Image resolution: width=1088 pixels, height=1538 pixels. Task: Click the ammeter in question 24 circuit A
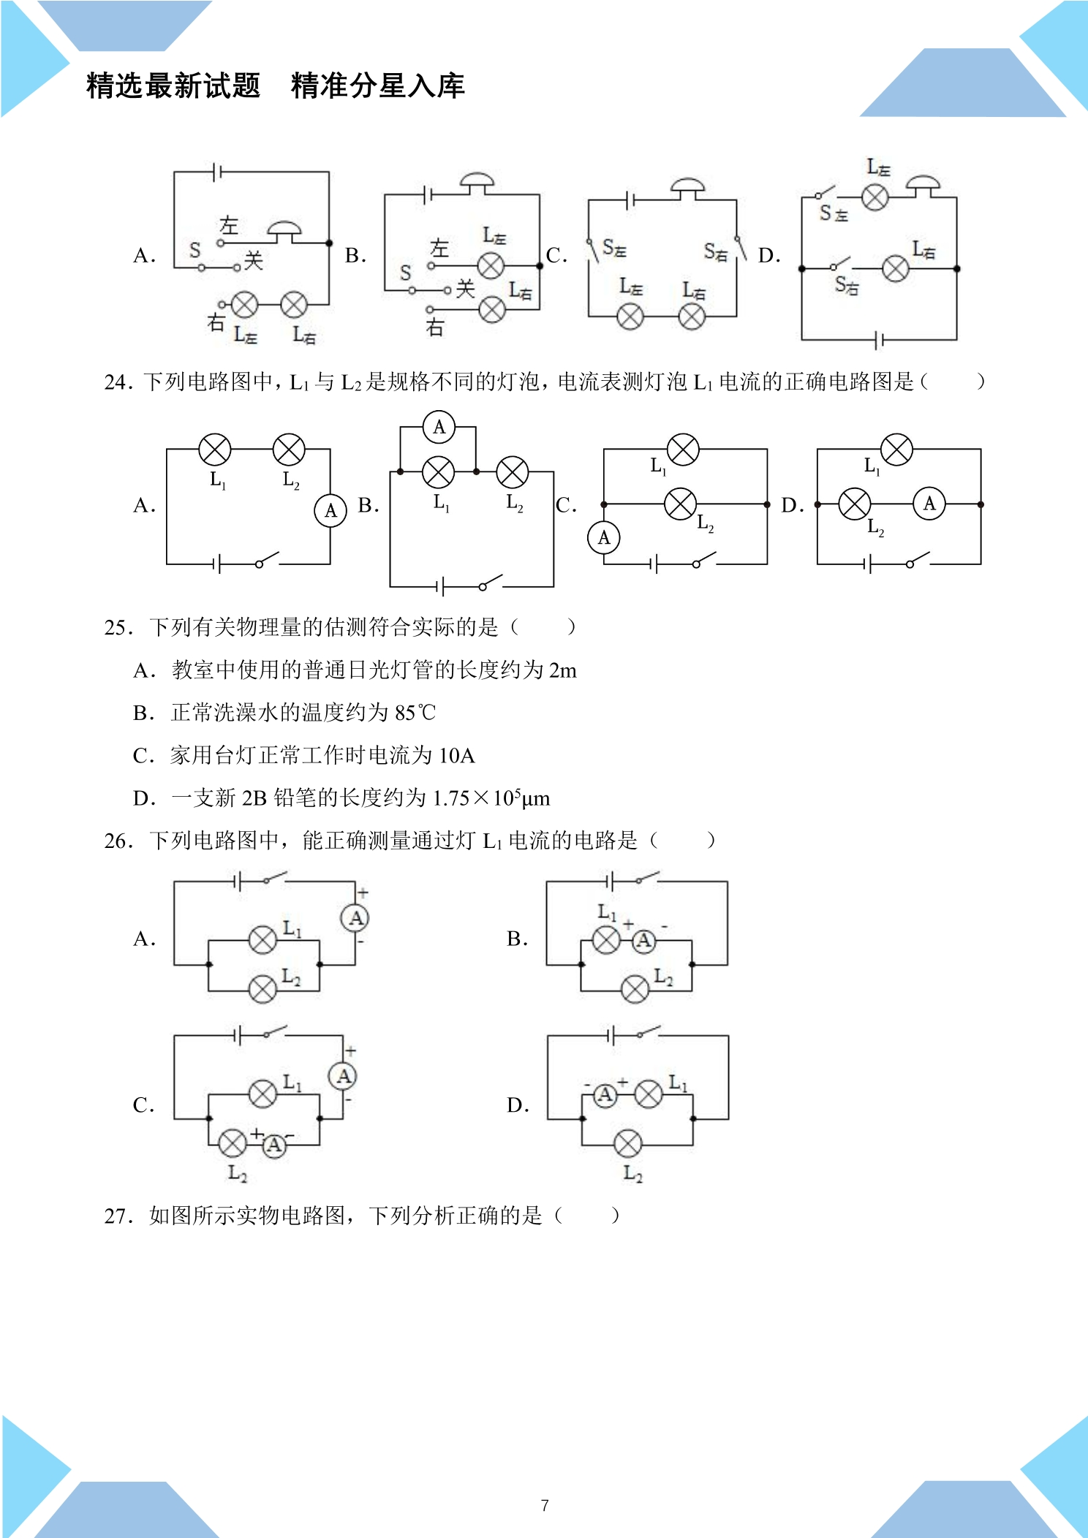[330, 510]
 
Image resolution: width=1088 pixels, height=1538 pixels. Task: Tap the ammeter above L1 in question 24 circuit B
[439, 427]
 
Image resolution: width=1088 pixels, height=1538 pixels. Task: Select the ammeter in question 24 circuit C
[604, 538]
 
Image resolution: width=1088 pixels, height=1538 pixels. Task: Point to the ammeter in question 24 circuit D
[929, 504]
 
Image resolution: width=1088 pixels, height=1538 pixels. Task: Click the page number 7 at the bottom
[545, 1505]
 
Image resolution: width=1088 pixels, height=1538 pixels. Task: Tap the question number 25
[117, 627]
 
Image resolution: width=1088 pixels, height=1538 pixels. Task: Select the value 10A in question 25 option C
[457, 755]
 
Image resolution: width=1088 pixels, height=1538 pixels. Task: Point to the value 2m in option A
[563, 670]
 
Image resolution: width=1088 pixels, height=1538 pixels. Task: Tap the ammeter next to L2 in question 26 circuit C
[274, 1145]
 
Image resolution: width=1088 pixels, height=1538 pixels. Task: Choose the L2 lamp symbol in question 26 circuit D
[627, 1144]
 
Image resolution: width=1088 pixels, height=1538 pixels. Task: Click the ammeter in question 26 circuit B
[643, 941]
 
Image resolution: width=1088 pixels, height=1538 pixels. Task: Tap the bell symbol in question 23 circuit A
[284, 233]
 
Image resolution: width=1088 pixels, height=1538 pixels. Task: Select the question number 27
[117, 1216]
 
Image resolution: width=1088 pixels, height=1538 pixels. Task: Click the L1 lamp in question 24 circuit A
[215, 450]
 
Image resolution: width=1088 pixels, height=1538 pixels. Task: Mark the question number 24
[117, 382]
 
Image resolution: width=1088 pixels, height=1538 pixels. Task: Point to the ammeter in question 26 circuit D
[605, 1095]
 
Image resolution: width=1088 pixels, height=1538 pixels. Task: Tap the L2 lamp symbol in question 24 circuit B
[513, 472]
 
